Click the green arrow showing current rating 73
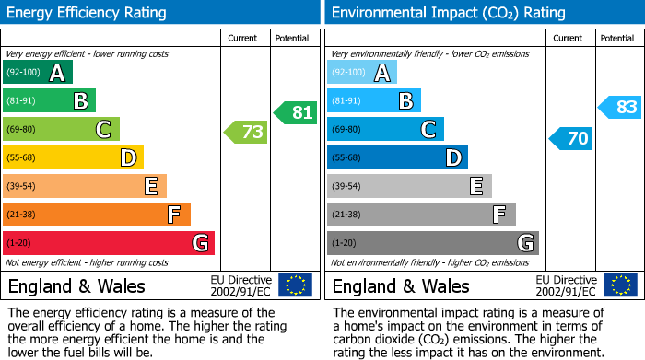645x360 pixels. point(246,133)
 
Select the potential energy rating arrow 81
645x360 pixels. point(295,112)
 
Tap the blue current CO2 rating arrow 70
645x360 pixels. point(570,139)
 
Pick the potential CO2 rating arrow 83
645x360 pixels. point(619,108)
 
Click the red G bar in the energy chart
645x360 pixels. point(108,243)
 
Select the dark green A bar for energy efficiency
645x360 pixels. point(37,73)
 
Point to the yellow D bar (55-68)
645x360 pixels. point(73,157)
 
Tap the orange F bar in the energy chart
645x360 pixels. point(96,215)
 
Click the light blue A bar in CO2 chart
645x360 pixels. point(361,73)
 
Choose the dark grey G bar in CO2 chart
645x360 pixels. point(432,243)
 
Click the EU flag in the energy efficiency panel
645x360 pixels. point(295,285)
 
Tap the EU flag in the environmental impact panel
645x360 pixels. point(619,285)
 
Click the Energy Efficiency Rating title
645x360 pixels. point(87,13)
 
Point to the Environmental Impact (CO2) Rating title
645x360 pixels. point(448,13)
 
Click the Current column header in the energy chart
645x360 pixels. point(244,38)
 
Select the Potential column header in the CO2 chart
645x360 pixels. point(616,38)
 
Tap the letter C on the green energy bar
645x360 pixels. point(103,130)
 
